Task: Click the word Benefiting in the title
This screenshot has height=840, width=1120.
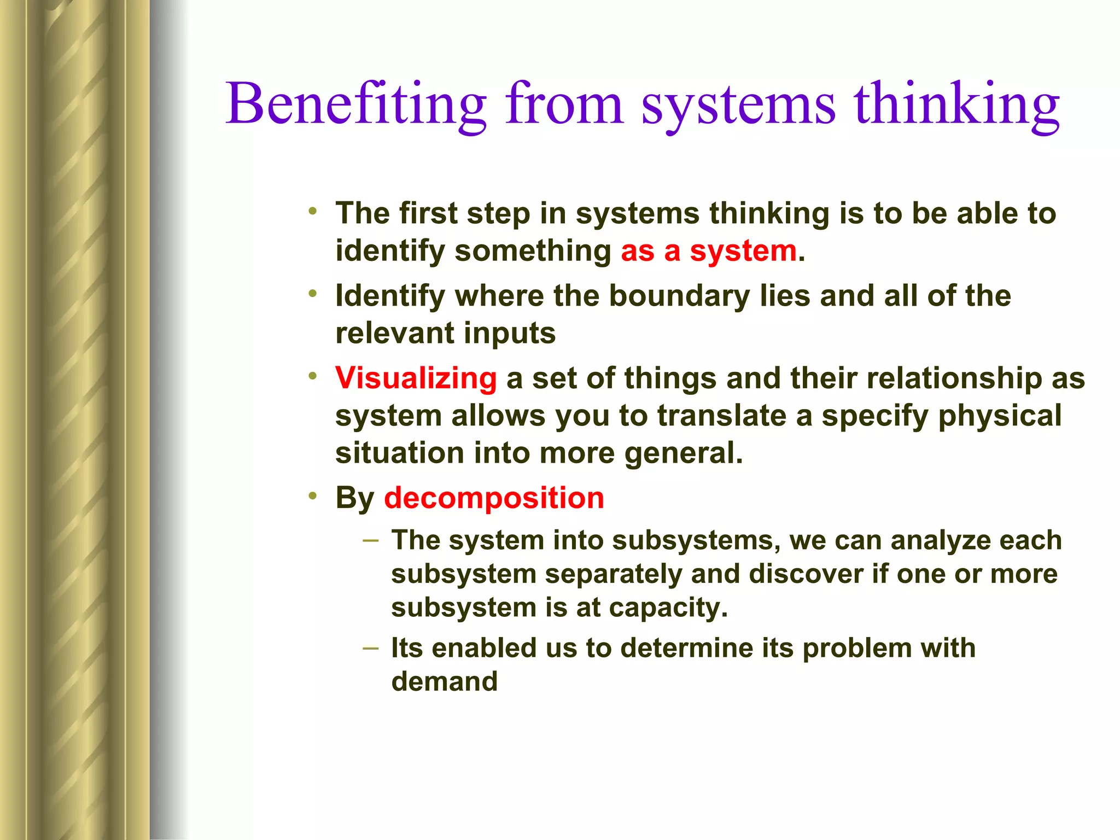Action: tap(356, 104)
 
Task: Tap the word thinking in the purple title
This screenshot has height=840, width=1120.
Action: tap(957, 104)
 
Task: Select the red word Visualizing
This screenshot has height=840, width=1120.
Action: tap(416, 378)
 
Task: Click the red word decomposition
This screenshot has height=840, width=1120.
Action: tap(494, 498)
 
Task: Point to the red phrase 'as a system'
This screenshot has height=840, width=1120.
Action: tap(709, 252)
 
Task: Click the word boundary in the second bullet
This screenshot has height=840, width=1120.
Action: tap(680, 296)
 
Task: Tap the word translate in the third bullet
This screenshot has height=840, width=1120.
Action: tap(721, 416)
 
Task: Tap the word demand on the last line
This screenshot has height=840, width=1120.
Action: tap(445, 682)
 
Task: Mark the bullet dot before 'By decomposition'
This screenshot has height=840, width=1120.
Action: tap(312, 496)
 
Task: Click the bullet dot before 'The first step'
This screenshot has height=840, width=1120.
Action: tap(312, 211)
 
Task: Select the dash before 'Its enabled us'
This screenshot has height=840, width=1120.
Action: tap(370, 649)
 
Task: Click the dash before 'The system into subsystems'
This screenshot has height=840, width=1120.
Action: tap(370, 541)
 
